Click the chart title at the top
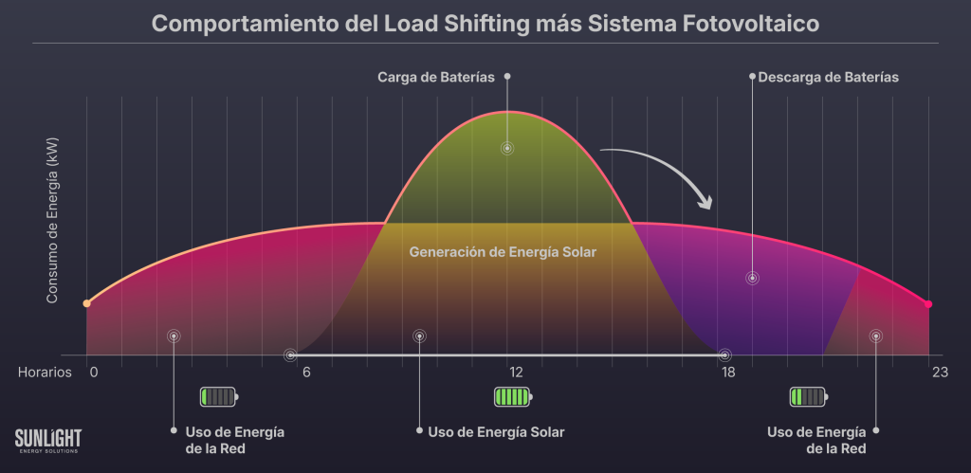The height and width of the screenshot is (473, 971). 485,23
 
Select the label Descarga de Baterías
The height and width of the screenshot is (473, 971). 828,77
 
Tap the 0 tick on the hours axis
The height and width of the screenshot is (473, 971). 94,373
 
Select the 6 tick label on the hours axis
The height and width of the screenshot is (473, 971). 306,373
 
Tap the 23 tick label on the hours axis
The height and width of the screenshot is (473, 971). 940,373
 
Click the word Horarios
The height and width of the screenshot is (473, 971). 45,373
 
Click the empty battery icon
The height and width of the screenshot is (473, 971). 219,396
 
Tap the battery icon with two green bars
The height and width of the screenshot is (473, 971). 809,396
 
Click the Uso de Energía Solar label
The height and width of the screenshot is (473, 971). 496,432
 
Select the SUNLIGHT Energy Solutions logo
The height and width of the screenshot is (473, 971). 48,441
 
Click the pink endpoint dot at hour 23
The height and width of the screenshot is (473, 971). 928,304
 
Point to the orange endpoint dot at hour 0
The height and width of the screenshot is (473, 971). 86,303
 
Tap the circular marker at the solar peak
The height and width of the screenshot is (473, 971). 507,149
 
